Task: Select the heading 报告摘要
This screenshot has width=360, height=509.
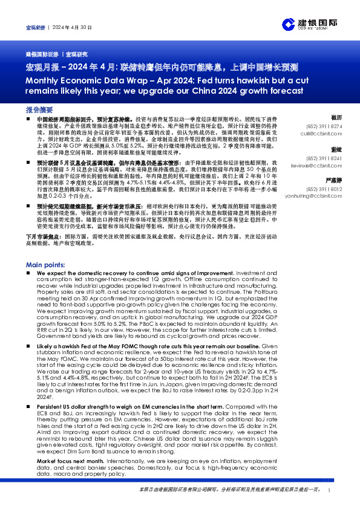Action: click(39, 111)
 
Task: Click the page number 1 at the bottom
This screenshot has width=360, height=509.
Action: click(328, 490)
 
